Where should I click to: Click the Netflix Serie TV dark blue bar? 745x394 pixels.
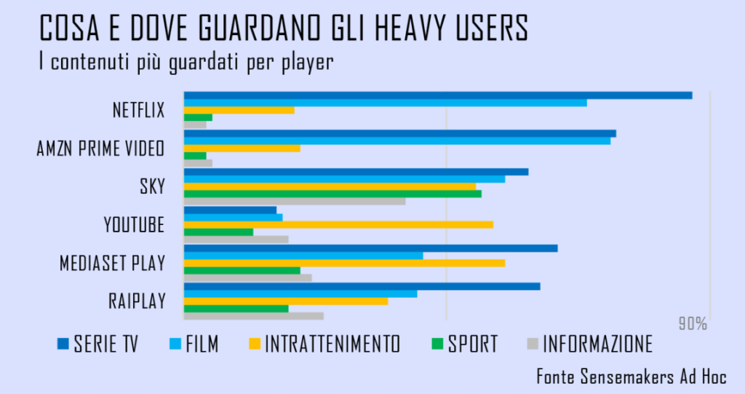[x=437, y=95]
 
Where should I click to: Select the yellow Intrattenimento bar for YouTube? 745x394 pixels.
[x=338, y=224]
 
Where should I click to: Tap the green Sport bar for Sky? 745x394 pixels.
[x=332, y=194]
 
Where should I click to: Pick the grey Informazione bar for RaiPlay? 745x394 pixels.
[x=253, y=315]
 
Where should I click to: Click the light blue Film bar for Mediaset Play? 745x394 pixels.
[x=303, y=256]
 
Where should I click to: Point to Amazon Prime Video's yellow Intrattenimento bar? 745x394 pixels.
[x=242, y=149]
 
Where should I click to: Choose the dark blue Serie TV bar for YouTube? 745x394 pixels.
[x=230, y=210]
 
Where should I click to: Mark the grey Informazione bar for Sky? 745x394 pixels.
[x=294, y=201]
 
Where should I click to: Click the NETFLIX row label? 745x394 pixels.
[x=138, y=111]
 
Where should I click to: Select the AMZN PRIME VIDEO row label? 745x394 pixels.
[x=100, y=149]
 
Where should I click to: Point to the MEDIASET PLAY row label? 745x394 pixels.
[x=112, y=263]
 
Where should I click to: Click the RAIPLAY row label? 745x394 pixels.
[x=136, y=301]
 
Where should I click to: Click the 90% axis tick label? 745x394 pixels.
[x=693, y=324]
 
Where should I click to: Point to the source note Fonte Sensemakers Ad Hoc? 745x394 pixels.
[x=631, y=377]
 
